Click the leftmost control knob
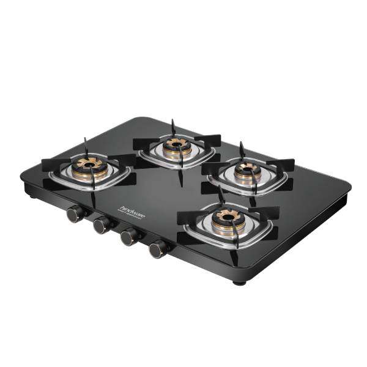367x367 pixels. [x=75, y=213]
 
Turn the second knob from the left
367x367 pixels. [x=102, y=225]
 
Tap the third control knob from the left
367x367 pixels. [x=129, y=237]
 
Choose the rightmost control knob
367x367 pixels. [x=158, y=248]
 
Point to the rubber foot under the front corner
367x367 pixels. [x=239, y=281]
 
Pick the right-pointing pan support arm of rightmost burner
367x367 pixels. [x=281, y=165]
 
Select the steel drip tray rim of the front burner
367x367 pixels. [x=196, y=235]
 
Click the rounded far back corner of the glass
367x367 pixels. [x=142, y=119]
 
